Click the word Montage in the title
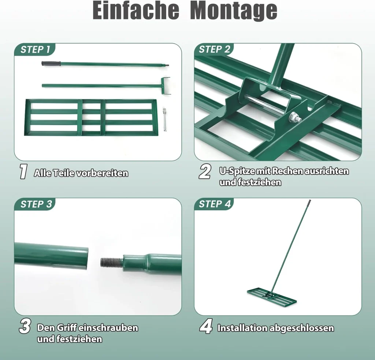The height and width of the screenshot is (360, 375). click(234, 11)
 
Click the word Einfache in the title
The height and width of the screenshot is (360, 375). click(136, 10)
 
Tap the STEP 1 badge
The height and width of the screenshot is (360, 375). click(35, 49)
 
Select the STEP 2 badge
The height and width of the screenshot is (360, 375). click(214, 49)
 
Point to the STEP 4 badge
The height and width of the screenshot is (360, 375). click(215, 204)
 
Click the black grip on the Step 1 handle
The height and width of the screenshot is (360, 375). click(51, 64)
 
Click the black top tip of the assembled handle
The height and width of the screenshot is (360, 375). click(309, 203)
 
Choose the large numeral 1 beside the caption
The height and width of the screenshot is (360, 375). click(23, 171)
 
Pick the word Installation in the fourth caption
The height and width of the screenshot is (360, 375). click(242, 328)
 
